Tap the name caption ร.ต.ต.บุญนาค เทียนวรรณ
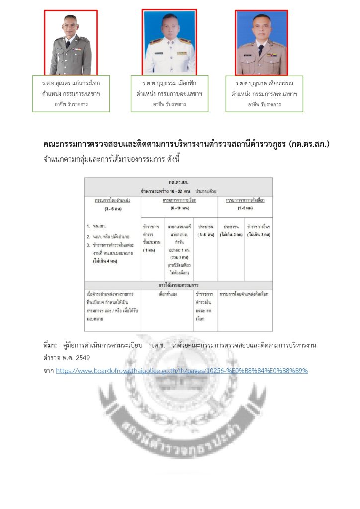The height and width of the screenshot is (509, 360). pyautogui.click(x=264, y=83)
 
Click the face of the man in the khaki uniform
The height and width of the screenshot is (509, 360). pyautogui.click(x=261, y=31)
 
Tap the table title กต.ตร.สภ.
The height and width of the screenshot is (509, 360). pyautogui.click(x=179, y=182)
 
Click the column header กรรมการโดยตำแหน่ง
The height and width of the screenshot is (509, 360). pyautogui.click(x=112, y=200)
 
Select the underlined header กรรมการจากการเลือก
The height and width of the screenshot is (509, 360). pyautogui.click(x=180, y=200)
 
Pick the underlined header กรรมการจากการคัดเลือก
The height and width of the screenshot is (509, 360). pyautogui.click(x=245, y=200)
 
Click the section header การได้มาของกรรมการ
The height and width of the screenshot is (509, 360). pyautogui.click(x=179, y=286)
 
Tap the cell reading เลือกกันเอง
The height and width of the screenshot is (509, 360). pyautogui.click(x=167, y=294)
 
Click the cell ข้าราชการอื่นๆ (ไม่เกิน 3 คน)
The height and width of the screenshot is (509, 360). pyautogui.click(x=259, y=230)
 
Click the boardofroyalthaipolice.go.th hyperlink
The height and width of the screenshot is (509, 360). pyautogui.click(x=182, y=371)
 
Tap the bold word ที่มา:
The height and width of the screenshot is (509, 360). pyautogui.click(x=51, y=345)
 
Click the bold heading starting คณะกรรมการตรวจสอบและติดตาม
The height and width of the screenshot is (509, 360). pyautogui.click(x=186, y=144)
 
